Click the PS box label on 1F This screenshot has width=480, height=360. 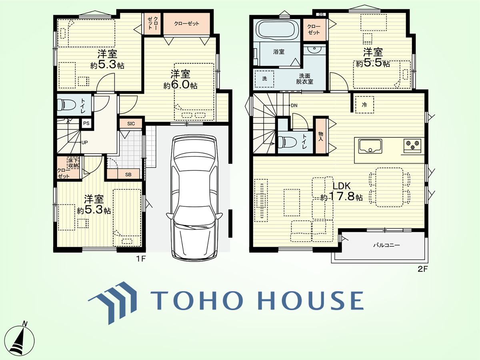(86, 123)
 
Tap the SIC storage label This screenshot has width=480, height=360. (131, 124)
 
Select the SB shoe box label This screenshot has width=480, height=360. (128, 175)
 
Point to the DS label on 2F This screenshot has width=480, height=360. (321, 15)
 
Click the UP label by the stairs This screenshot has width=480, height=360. (85, 142)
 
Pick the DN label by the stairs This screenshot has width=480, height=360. (294, 106)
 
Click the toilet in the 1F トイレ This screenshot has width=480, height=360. (66, 105)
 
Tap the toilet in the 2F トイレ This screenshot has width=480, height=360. (287, 142)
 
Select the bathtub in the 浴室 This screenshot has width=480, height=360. (277, 30)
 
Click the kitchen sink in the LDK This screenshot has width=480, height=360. (370, 146)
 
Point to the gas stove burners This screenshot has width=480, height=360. (413, 145)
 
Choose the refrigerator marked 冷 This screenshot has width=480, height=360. (364, 105)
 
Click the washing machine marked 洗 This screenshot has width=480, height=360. (264, 79)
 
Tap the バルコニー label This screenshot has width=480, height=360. (386, 245)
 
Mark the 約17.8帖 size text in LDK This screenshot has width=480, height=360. (341, 196)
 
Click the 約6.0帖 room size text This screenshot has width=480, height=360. (180, 85)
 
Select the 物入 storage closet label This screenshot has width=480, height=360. (320, 136)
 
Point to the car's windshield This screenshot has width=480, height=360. (194, 161)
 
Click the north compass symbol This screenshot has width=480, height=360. (19, 340)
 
